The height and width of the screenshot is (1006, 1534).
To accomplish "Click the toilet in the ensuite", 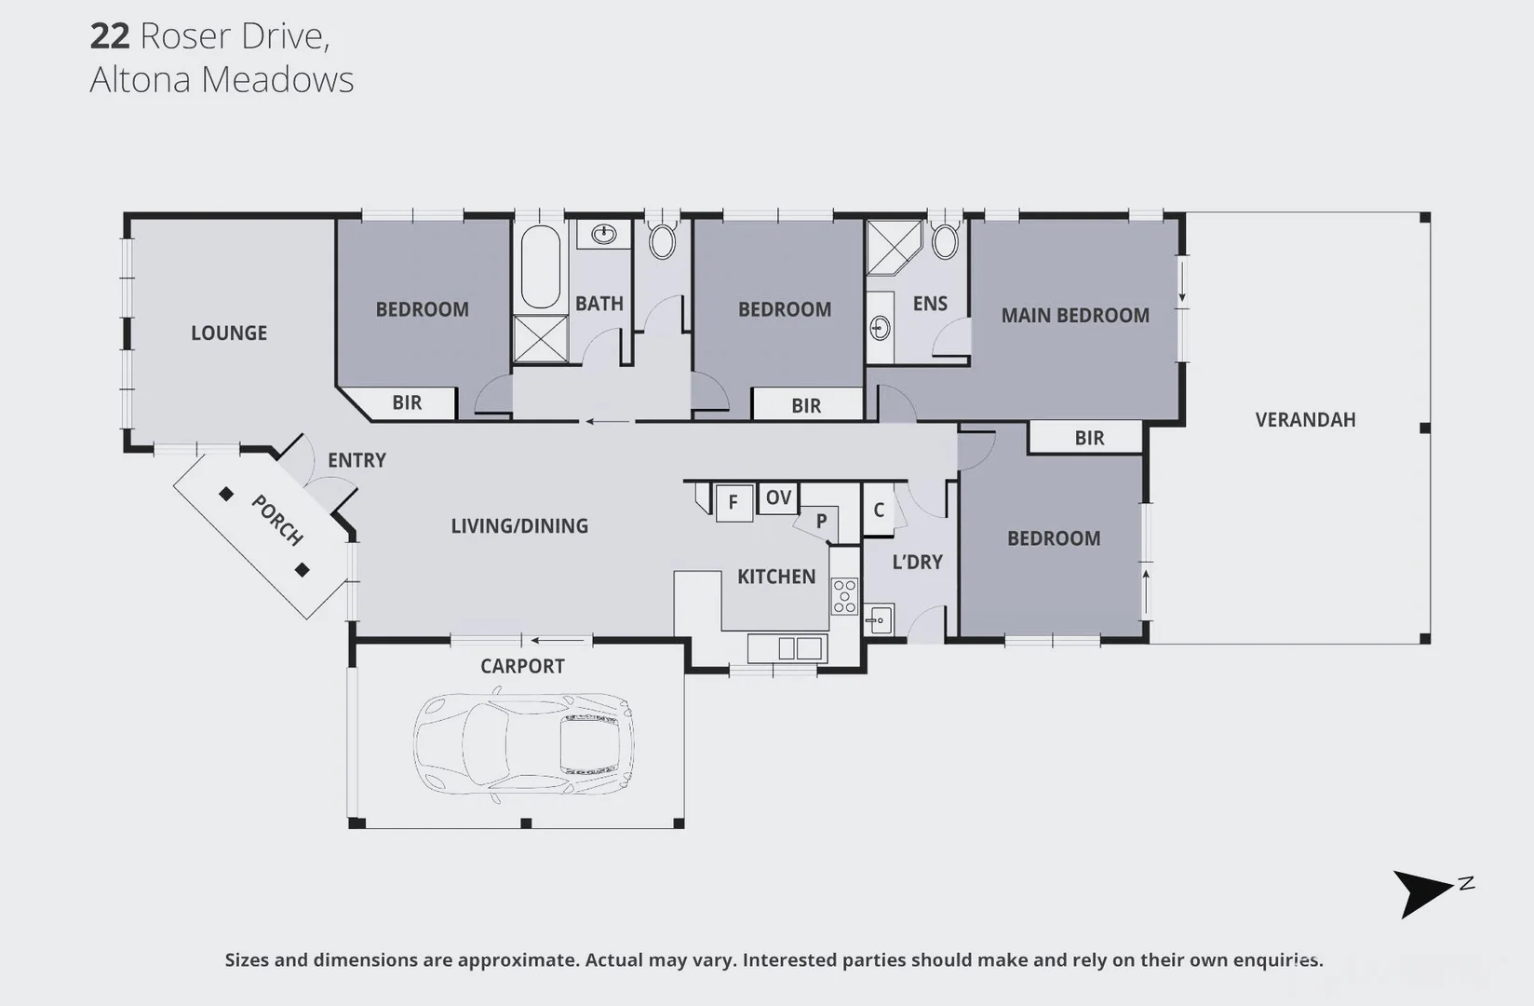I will click(x=944, y=240).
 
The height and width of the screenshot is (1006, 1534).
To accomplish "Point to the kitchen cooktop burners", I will click(x=844, y=596).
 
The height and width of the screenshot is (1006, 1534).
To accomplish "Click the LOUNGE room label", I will click(x=229, y=333).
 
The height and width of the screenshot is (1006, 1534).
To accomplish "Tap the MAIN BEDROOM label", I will click(x=1075, y=315).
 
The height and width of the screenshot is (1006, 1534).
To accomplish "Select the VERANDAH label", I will click(x=1305, y=419).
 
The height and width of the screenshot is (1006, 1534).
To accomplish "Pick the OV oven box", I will click(x=778, y=497).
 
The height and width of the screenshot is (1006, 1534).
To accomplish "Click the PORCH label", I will click(x=277, y=520).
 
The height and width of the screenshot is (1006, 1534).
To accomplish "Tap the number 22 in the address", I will click(x=109, y=35).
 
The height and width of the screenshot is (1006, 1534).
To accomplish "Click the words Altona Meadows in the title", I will click(x=222, y=79).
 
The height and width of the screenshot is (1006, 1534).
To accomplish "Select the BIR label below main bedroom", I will click(x=1089, y=438).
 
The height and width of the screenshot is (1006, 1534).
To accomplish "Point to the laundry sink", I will click(x=878, y=619).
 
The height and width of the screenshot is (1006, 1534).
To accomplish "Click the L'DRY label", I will click(x=917, y=562).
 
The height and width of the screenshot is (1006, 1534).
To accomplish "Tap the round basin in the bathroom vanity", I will click(x=603, y=233).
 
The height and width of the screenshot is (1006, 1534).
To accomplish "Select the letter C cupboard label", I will click(x=879, y=510).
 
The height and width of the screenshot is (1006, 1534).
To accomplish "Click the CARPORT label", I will click(x=522, y=666).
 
